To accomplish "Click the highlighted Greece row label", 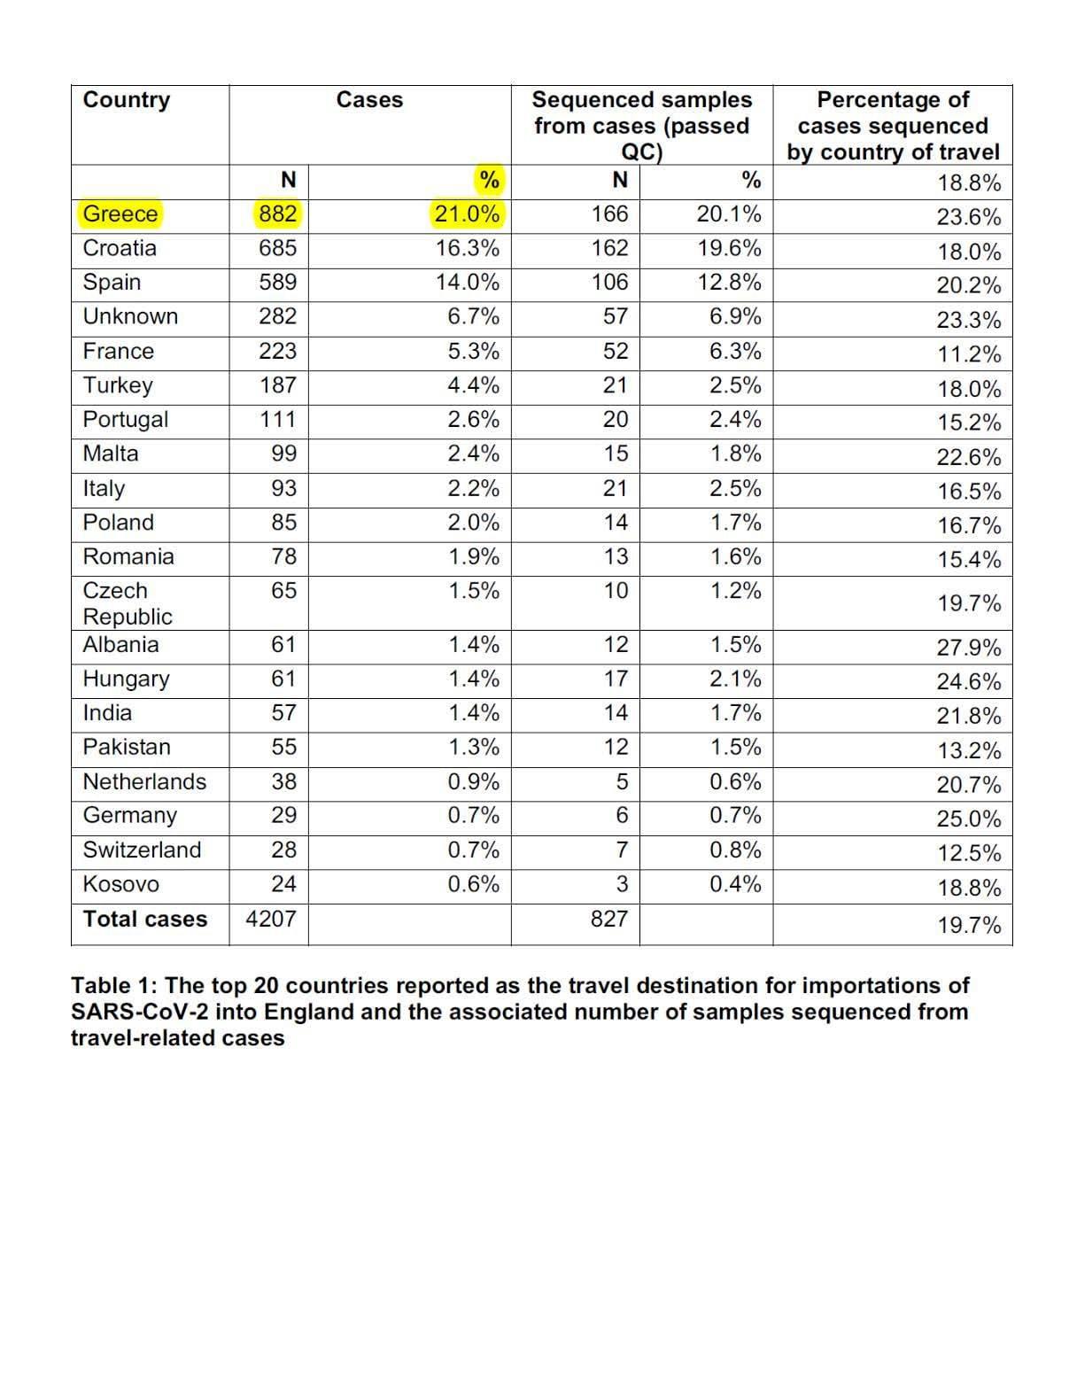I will point(120,214).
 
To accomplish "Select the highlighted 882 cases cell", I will point(277,214).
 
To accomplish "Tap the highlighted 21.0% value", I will point(467,214).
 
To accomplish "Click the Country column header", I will point(126,100).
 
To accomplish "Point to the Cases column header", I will point(369,100).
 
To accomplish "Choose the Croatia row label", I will point(120,248).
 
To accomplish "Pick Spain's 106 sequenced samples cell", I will point(609,283).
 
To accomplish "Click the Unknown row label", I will point(130,316).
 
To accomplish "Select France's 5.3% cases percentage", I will point(473,351).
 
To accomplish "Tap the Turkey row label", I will point(118,385).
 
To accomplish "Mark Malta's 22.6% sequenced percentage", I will point(969,457).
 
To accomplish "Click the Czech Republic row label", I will point(127,603).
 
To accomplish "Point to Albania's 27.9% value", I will point(969,648).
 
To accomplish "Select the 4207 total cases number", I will point(271,919).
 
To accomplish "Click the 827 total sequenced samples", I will point(609,919).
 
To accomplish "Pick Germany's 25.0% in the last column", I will point(969,819).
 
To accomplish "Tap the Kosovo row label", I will point(121,884).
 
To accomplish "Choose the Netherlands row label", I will point(144,781).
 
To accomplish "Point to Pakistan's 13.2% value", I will point(969,751).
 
